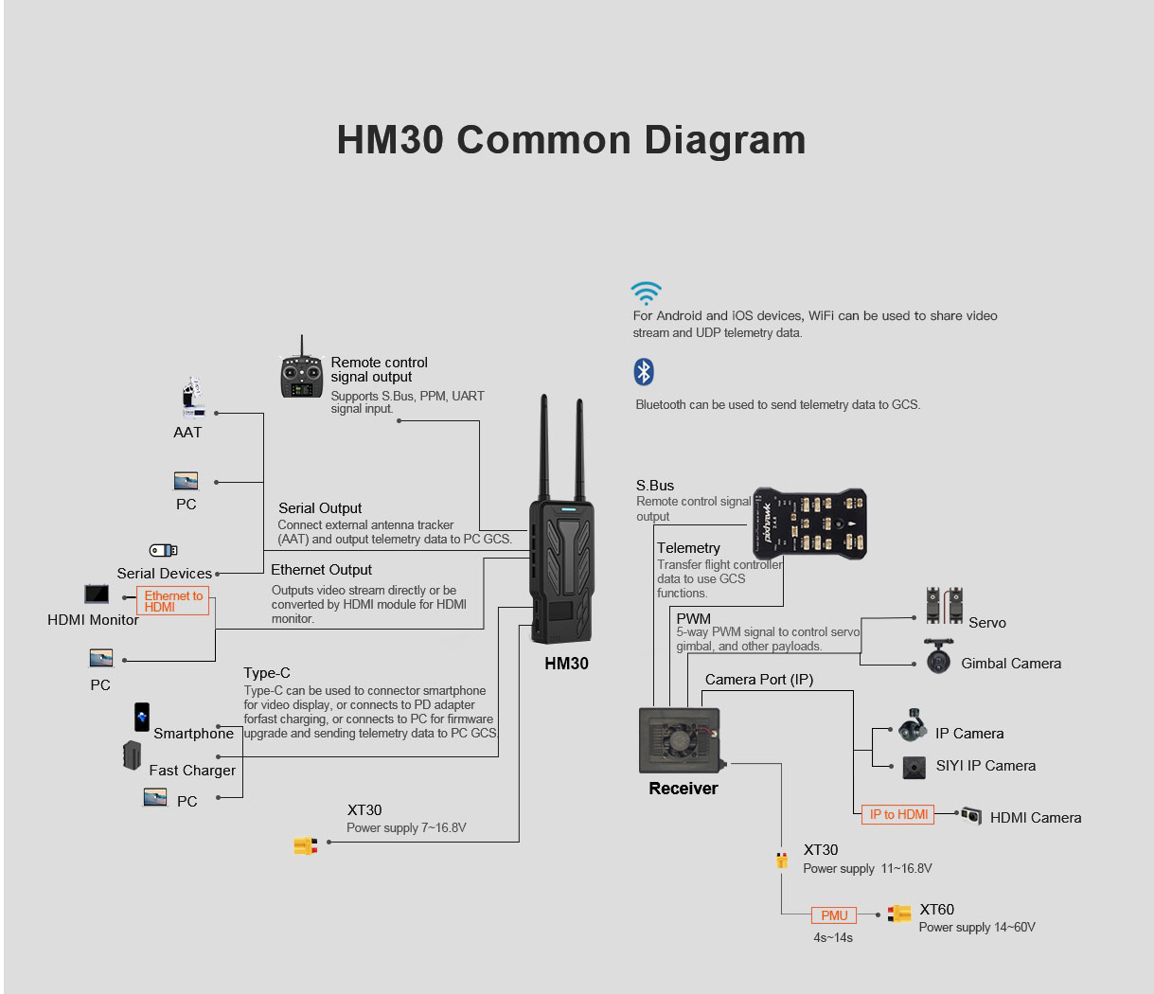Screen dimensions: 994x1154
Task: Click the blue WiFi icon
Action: click(647, 292)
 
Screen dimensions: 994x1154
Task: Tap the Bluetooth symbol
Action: click(644, 372)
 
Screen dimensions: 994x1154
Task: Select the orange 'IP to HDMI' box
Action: click(898, 814)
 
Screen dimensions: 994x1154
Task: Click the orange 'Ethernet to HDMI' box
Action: click(173, 601)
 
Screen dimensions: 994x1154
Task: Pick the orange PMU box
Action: click(834, 915)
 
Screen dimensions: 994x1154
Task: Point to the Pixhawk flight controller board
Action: click(809, 523)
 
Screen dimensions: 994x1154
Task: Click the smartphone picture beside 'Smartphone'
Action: click(142, 717)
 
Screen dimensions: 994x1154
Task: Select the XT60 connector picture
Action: click(899, 913)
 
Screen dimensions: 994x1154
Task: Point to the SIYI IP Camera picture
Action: click(914, 767)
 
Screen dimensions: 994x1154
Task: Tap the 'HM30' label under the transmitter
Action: click(566, 664)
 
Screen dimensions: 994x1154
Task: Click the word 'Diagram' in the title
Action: click(725, 139)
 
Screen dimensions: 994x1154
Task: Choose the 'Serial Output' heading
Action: click(320, 508)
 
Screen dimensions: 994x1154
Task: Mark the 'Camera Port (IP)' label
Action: click(758, 680)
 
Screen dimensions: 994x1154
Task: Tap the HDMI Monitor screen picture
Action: click(97, 595)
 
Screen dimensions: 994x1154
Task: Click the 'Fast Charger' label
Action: click(192, 771)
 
